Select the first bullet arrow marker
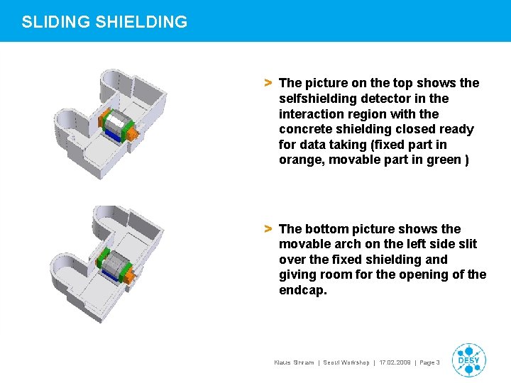tap(268, 83)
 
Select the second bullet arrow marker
tap(268, 229)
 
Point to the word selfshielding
tap(314, 99)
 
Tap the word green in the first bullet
tap(441, 160)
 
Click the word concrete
tap(305, 129)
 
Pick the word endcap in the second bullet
tap(302, 291)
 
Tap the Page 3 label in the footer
tap(430, 362)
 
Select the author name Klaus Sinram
tap(295, 362)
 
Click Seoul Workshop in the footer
tap(346, 362)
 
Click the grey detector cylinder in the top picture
tap(117, 127)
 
